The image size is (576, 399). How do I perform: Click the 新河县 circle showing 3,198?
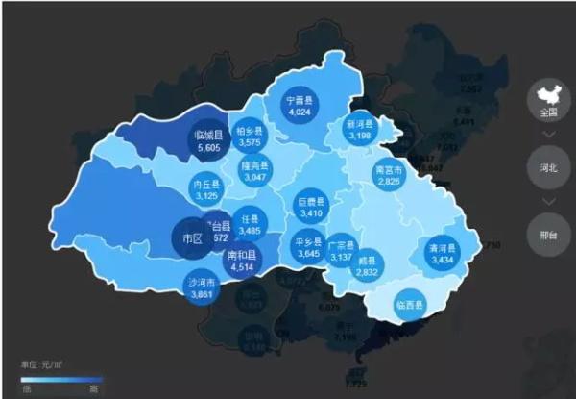[x=358, y=131]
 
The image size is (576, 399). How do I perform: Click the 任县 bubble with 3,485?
[x=250, y=225]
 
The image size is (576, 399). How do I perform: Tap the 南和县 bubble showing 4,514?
[x=241, y=260]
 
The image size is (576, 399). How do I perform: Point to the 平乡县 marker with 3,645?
[x=306, y=248]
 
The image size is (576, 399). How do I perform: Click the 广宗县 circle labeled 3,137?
[x=341, y=249]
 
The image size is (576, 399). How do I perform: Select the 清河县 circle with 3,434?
[x=442, y=254]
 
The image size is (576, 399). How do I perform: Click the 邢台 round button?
[x=544, y=233]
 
